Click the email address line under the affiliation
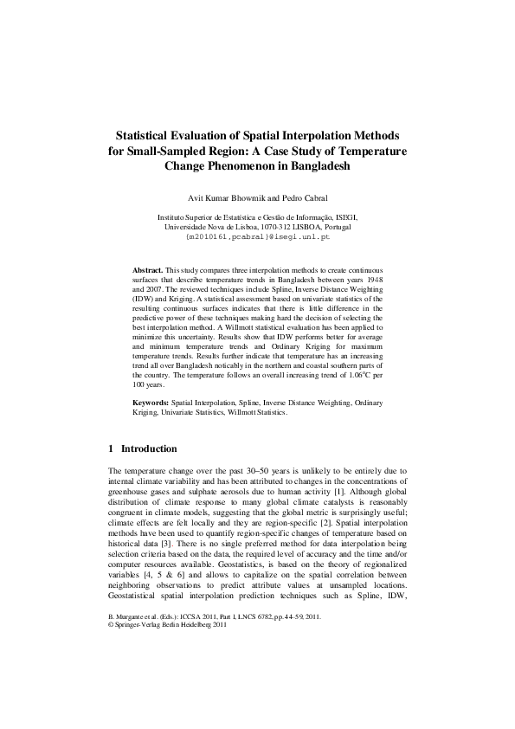click(x=258, y=235)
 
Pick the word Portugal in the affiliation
click(x=338, y=226)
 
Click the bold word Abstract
click(x=147, y=271)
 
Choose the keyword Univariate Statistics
click(x=196, y=413)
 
